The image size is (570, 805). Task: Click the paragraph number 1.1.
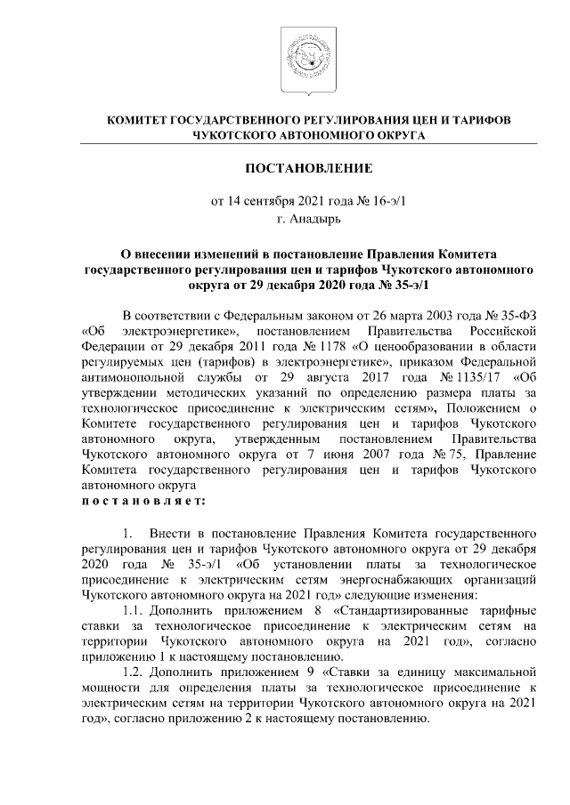(x=133, y=611)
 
